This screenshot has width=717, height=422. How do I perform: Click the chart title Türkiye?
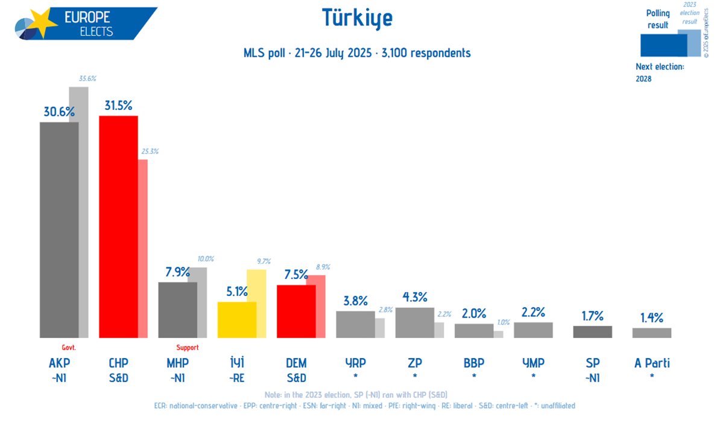click(x=358, y=19)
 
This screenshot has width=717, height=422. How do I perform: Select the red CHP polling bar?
click(x=118, y=226)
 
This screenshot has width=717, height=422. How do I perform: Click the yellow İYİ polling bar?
click(x=236, y=319)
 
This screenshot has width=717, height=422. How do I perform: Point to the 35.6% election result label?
click(x=87, y=78)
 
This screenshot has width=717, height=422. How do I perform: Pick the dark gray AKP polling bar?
click(x=59, y=229)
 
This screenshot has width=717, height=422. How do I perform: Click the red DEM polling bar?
click(x=296, y=311)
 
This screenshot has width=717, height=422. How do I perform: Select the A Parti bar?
click(x=651, y=333)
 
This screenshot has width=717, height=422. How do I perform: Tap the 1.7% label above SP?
click(x=592, y=316)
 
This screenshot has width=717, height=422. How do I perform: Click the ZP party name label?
click(x=414, y=363)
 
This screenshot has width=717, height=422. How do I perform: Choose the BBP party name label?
click(x=473, y=363)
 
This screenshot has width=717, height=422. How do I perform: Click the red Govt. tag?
click(x=69, y=348)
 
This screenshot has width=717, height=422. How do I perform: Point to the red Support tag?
click(x=187, y=348)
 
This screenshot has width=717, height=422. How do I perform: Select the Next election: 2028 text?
click(x=660, y=72)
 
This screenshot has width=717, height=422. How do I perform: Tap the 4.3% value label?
click(x=415, y=297)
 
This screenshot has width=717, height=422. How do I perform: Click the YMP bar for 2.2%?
click(x=533, y=330)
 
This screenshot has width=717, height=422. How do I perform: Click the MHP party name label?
click(x=177, y=363)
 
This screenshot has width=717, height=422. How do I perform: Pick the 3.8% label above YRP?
click(x=356, y=301)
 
